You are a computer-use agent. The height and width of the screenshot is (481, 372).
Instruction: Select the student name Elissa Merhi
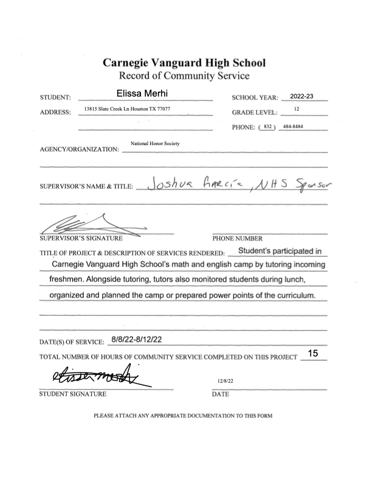click(x=146, y=93)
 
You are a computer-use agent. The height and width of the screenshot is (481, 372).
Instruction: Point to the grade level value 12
click(x=297, y=109)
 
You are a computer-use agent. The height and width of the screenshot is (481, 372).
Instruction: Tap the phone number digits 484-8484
click(x=294, y=126)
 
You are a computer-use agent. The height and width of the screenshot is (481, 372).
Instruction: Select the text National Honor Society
click(x=155, y=143)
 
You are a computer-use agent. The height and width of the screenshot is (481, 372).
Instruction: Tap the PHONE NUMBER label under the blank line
click(x=236, y=239)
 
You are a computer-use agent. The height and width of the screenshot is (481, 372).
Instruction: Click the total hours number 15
click(x=314, y=353)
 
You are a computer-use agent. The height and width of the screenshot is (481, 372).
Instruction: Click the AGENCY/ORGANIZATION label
click(x=78, y=149)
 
